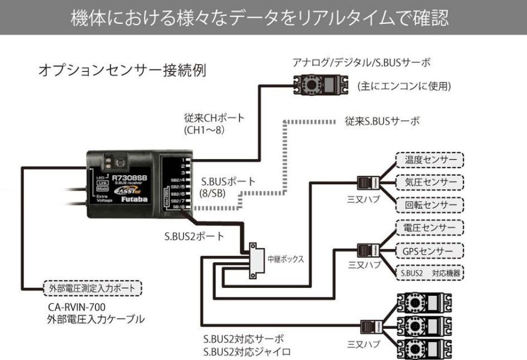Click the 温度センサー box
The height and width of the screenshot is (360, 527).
(x=430, y=160)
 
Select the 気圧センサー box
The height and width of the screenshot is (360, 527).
(x=430, y=182)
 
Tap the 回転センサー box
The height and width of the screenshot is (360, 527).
(x=430, y=204)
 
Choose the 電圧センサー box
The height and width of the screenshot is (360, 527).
(x=430, y=228)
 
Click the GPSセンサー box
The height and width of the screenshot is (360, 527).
(x=430, y=250)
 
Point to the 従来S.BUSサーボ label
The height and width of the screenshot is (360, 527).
(x=382, y=121)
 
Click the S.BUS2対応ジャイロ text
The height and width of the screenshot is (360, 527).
(x=247, y=352)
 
